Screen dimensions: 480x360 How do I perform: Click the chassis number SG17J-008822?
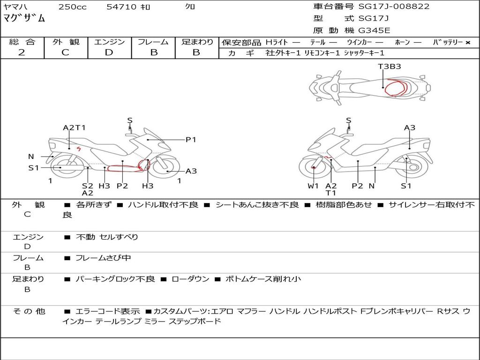394,7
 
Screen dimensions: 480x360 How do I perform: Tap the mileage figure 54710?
121,7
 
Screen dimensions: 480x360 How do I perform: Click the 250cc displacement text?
73,7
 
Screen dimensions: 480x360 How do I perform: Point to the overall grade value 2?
22,52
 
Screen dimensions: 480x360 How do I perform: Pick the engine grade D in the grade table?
109,52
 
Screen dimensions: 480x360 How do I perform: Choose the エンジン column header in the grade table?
109,42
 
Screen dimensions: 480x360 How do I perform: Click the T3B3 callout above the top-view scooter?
390,67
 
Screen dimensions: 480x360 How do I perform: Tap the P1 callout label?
191,140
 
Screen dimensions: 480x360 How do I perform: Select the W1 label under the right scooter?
313,186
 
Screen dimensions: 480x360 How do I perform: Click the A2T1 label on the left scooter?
74,127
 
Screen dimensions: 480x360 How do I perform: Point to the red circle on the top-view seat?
395,88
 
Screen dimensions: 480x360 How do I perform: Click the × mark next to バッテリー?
467,43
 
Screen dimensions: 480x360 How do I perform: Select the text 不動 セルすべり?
107,237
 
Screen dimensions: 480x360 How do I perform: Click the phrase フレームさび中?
103,258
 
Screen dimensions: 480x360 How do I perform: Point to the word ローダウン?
190,279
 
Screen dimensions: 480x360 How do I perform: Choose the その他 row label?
29,311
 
